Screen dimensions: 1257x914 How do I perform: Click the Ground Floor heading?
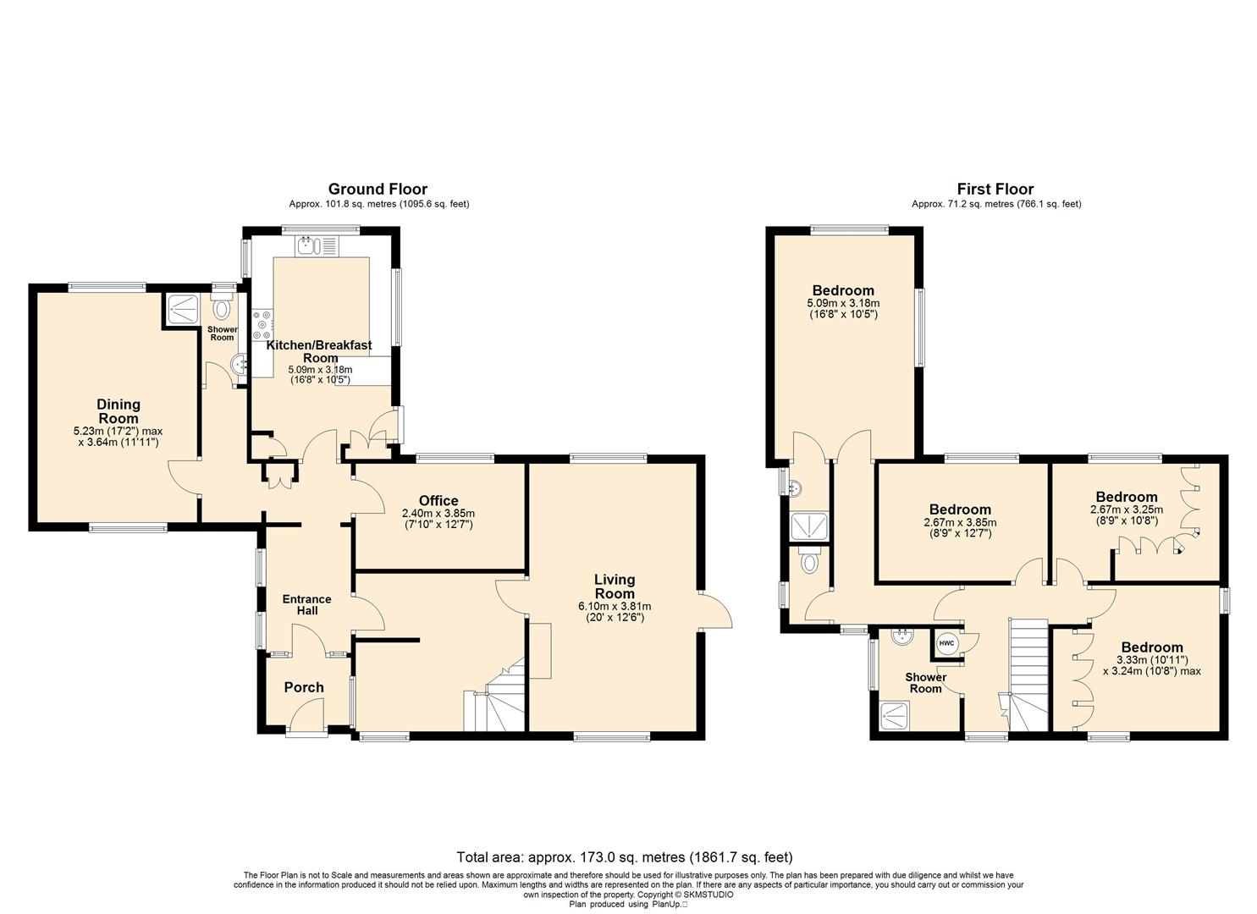point(378,189)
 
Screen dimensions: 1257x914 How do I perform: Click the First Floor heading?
point(995,189)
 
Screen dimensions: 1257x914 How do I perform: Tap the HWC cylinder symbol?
point(946,643)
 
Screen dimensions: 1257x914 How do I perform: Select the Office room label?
point(438,500)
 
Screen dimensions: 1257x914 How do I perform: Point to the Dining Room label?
point(119,411)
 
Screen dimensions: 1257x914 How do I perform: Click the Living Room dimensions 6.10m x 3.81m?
point(615,607)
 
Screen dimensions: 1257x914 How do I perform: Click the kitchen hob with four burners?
point(262,325)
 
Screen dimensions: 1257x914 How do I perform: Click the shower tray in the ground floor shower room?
point(182,309)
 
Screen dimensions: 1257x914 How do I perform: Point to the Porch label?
point(304,687)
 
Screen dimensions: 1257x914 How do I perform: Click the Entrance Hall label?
point(307,605)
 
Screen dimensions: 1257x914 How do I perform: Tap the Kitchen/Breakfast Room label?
point(319,351)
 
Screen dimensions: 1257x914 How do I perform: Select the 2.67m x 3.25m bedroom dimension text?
point(1127,510)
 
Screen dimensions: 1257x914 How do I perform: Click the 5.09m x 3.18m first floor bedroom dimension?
point(843,304)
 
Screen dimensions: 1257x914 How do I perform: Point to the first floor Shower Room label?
point(925,683)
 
